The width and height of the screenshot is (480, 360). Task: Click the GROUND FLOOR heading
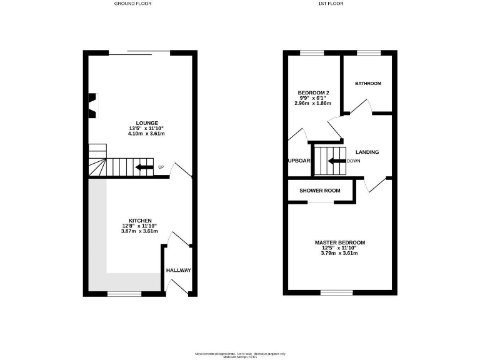coord(132,4)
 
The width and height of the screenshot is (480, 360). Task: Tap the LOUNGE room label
coord(147,122)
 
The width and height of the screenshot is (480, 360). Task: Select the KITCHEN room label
coord(140,221)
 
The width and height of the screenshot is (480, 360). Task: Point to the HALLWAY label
coord(178,270)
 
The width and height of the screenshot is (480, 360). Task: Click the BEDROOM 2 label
coord(312,93)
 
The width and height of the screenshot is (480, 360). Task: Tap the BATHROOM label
coord(368,83)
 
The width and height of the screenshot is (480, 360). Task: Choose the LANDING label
coord(367,152)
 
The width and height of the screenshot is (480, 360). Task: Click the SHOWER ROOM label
coord(319,191)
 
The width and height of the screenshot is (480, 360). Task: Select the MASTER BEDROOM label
coord(339,242)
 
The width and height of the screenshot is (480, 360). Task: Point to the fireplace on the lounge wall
coord(92,105)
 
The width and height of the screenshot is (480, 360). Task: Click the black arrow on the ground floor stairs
coord(144,167)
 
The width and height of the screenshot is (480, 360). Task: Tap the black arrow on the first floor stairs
coord(337,161)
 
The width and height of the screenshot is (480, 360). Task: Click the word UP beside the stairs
coord(161,167)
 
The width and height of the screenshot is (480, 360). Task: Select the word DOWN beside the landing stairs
coord(354,161)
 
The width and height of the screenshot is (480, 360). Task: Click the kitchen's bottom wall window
coord(124,293)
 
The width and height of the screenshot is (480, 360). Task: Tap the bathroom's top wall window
coord(368,52)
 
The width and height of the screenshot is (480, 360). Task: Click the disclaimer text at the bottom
coord(240,354)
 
